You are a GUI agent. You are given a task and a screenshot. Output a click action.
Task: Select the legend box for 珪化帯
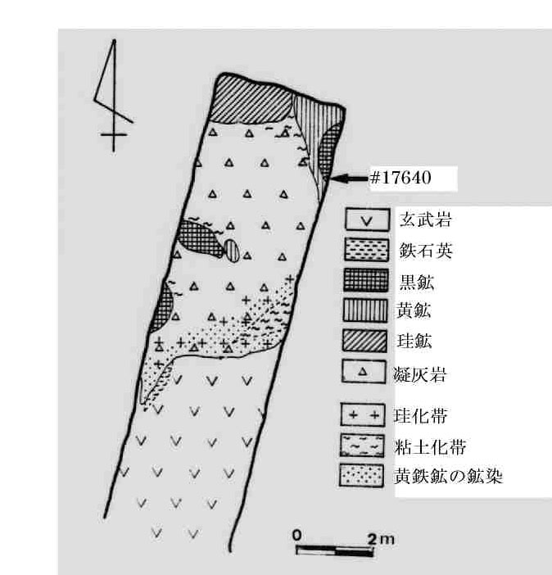362,415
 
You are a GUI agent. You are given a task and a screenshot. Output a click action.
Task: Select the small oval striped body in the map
234,250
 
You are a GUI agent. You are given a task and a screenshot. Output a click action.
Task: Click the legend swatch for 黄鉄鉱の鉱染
362,475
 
